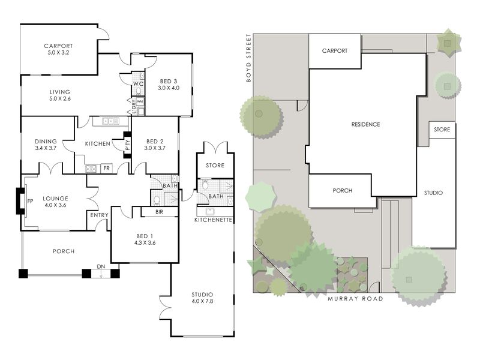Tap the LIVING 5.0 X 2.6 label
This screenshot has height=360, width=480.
(x=60, y=95)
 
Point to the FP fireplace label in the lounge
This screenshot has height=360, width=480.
(x=30, y=201)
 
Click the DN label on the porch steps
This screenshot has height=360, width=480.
(x=101, y=266)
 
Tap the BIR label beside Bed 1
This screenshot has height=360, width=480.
(x=159, y=212)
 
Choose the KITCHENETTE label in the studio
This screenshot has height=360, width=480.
(x=214, y=220)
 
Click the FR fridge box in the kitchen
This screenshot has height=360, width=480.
(x=107, y=168)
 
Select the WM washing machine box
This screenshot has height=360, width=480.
(x=140, y=101)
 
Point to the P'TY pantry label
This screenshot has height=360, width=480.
(x=128, y=145)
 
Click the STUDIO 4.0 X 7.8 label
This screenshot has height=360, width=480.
(x=202, y=298)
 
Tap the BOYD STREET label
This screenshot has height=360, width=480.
(x=248, y=58)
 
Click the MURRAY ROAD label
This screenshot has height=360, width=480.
(x=355, y=298)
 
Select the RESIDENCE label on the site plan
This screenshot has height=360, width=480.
(x=365, y=124)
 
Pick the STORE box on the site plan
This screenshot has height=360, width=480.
(x=442, y=130)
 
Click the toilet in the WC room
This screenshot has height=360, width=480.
(x=139, y=91)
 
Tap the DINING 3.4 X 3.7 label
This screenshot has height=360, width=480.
(x=46, y=145)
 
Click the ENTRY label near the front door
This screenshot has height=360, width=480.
(x=99, y=215)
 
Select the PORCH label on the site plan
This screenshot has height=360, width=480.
(x=342, y=190)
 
